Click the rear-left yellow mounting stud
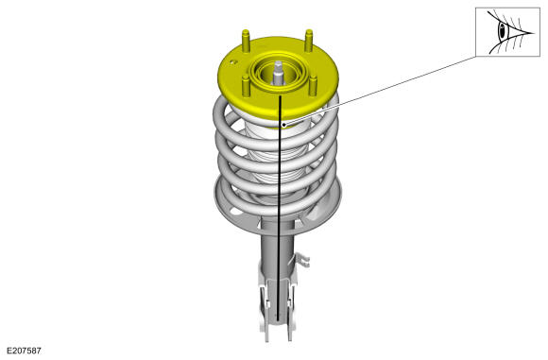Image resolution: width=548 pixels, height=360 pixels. tap(246, 41)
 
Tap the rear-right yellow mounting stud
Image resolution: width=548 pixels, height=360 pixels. tap(309, 41)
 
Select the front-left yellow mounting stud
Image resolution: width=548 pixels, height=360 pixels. tap(246, 86)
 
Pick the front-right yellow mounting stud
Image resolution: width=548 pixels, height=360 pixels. tap(313, 86)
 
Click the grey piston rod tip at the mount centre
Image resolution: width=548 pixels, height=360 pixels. tap(278, 73)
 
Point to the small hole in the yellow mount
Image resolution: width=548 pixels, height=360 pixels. tap(234, 61)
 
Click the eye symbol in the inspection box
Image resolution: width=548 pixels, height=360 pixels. tap(507, 32)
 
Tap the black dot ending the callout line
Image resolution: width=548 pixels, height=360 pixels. tap(283, 125)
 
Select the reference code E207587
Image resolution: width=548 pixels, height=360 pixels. tap(25, 351)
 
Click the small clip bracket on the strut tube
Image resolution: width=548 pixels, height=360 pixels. tap(300, 259)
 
